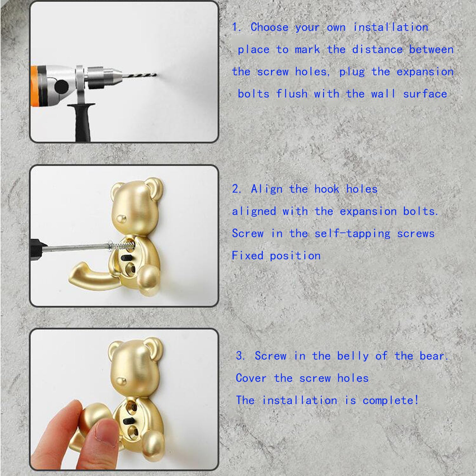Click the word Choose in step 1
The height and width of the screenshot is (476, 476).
pos(269,27)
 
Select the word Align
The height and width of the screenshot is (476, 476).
pos(267,189)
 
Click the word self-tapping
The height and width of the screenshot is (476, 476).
pos(352,234)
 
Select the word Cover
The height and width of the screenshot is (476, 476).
pos(251,378)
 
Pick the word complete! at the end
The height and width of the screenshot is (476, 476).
pos(391,400)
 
